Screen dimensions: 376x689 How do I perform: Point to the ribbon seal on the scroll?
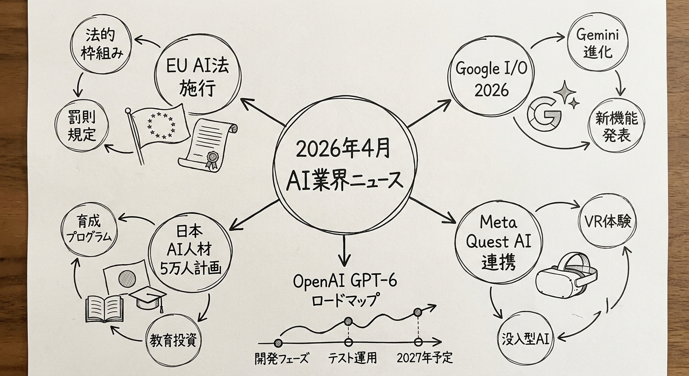pos(212,160)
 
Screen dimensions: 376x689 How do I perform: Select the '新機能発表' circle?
pos(613,126)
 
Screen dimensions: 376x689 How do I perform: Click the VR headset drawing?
pos(567,277)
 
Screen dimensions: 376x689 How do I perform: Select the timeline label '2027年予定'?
pos(424,358)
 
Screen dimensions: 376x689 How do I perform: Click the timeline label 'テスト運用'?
pos(351,358)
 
